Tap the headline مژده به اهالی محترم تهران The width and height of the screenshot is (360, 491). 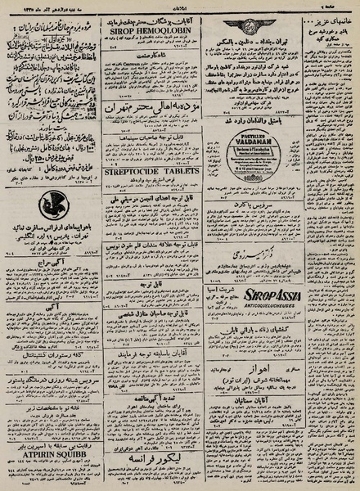(x=146, y=109)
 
